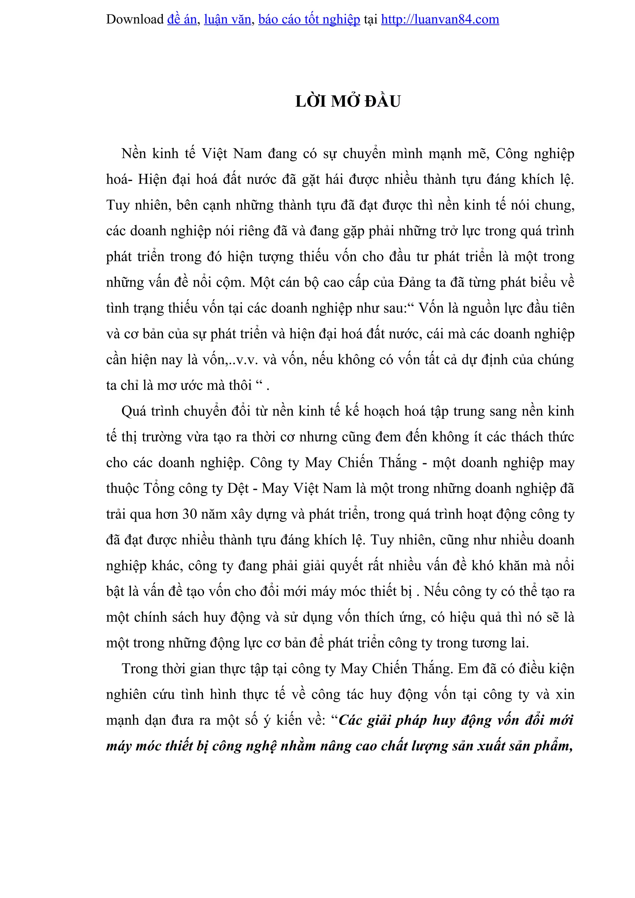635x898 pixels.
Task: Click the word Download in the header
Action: point(135,19)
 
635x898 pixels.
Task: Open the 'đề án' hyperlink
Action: point(182,19)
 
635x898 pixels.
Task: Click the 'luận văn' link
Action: point(227,19)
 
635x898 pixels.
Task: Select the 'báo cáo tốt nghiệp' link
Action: point(309,19)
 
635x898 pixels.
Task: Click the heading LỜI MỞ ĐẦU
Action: point(348,101)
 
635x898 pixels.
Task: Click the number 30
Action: point(190,514)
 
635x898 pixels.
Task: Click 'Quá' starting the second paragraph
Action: point(134,412)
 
